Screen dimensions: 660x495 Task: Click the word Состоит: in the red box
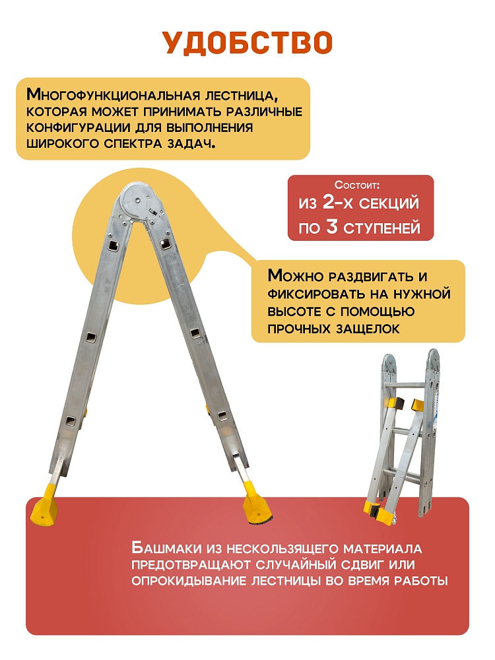357,185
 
